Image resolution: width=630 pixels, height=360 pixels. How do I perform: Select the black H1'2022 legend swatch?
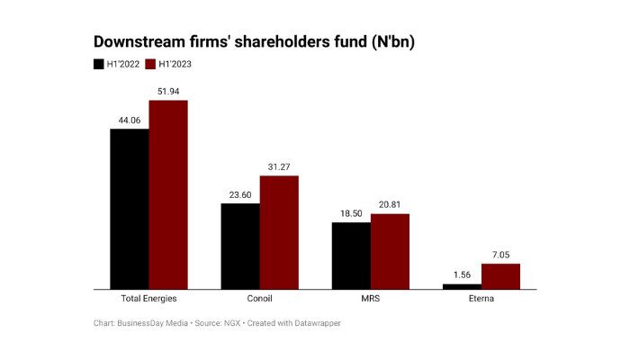[x=99, y=64]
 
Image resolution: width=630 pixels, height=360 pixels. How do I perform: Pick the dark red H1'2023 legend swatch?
[x=150, y=64]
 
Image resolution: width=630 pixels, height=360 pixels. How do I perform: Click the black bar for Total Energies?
[x=130, y=209]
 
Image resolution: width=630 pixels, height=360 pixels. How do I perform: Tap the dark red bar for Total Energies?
[x=168, y=194]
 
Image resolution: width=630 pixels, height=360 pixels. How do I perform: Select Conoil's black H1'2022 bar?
[x=240, y=246]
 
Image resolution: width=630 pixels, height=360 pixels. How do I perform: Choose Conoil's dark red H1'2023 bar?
[x=279, y=232]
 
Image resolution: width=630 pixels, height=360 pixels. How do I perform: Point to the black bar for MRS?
[x=351, y=255]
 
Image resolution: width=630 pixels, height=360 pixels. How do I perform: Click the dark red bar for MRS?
[x=390, y=251]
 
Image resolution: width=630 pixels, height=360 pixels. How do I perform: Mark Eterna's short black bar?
[x=462, y=286]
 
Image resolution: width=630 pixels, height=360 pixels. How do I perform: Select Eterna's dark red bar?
[x=500, y=276]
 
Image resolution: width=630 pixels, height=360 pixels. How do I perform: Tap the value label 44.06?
[x=130, y=120]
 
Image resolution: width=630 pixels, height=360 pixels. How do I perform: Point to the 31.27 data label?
[x=279, y=166]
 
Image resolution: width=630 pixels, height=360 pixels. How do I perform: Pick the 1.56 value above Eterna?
[x=462, y=274]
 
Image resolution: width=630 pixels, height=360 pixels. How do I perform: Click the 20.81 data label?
[x=390, y=204]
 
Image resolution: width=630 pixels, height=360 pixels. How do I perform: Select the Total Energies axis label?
[x=148, y=299]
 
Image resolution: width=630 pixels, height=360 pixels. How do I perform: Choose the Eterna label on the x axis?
[x=481, y=299]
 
